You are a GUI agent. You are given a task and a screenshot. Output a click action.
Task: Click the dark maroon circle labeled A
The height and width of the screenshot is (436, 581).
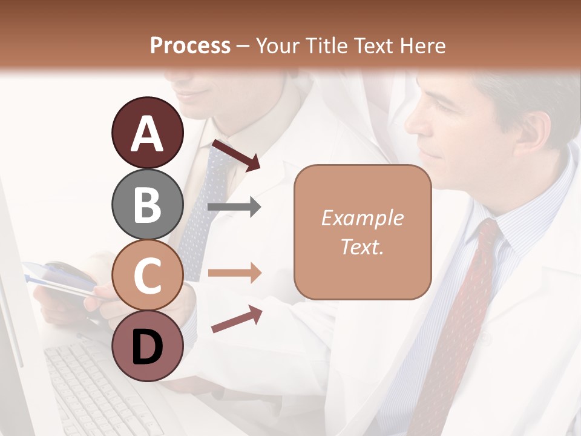(x=147, y=133)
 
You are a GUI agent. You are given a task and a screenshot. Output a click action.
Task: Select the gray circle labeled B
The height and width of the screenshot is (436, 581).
(x=147, y=204)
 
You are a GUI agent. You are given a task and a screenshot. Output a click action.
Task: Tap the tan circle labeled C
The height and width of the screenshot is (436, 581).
(x=147, y=275)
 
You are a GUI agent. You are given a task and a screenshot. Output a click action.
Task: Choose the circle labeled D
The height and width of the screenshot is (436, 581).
(x=147, y=346)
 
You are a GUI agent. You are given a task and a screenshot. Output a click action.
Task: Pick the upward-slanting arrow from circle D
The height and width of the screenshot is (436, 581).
(x=237, y=319)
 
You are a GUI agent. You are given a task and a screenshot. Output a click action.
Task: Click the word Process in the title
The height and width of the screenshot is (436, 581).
(x=190, y=45)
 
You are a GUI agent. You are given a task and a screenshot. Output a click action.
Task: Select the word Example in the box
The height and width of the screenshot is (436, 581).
(x=362, y=218)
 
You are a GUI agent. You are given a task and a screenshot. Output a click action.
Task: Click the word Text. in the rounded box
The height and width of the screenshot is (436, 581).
(x=362, y=246)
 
